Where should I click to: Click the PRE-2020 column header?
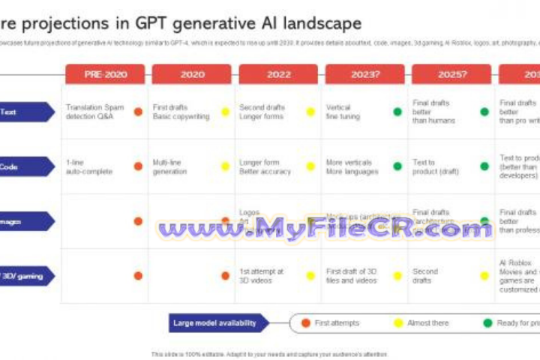coord(105,74)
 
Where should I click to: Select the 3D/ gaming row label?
coord(25,276)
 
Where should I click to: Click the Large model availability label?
coord(217,323)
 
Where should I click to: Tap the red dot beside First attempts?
coord(305,323)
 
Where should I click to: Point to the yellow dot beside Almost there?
coord(398,323)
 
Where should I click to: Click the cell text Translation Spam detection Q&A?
coord(94,112)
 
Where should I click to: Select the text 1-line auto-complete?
coord(88,166)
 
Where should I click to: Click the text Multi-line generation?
coord(169,166)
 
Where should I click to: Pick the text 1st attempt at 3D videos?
coord(262,276)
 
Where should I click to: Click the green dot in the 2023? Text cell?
coord(397,112)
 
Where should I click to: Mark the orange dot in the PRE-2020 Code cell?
coord(138,166)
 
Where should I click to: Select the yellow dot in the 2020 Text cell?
coord(225,112)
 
